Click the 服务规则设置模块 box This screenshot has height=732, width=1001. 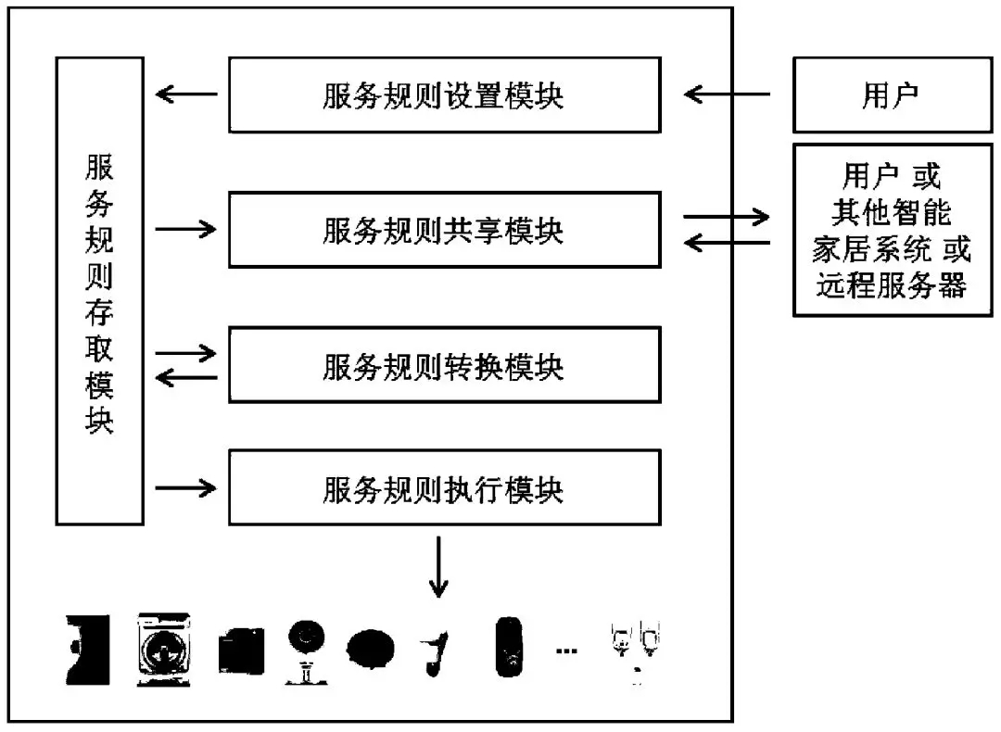pyautogui.click(x=444, y=95)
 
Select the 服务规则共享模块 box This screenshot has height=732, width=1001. pyautogui.click(x=444, y=230)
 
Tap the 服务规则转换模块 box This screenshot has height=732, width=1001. pyautogui.click(x=444, y=365)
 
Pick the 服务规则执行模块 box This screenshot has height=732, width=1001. pyautogui.click(x=444, y=487)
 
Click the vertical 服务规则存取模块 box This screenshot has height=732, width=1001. pyautogui.click(x=99, y=290)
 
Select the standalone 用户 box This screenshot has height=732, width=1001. pyautogui.click(x=891, y=95)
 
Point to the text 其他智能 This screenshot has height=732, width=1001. pyautogui.click(x=891, y=212)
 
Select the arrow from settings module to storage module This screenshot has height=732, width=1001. pyautogui.click(x=186, y=94)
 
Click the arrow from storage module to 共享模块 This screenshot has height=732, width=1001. pyautogui.click(x=186, y=228)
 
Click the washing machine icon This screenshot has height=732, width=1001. pyautogui.click(x=164, y=649)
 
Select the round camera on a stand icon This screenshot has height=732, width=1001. pyautogui.click(x=305, y=649)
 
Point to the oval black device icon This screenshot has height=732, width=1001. pyautogui.click(x=371, y=648)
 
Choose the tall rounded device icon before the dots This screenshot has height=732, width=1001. pyautogui.click(x=508, y=647)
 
